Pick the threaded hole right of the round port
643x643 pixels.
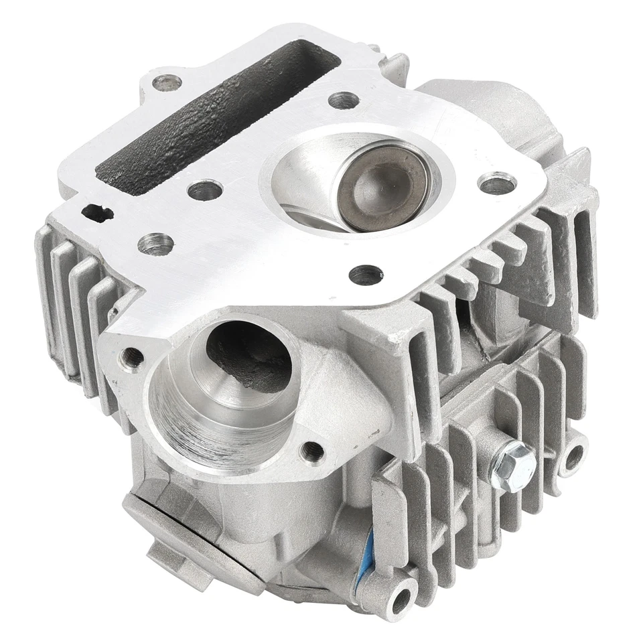pos(312,451)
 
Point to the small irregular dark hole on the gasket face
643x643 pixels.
pos(97,213)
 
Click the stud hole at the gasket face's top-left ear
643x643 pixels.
pos(166,84)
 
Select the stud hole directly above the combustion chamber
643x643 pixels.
pos(344,100)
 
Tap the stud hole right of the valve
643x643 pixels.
pos(498,183)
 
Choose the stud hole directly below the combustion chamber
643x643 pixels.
pos(366,274)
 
